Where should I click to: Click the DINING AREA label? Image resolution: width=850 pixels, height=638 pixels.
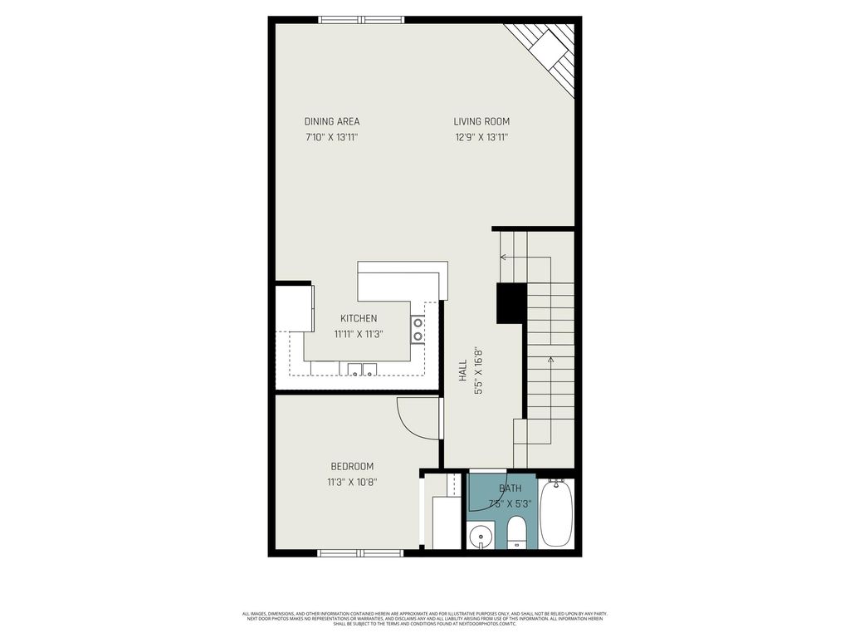(x=331, y=121)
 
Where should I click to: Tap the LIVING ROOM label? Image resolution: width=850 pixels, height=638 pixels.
(x=481, y=121)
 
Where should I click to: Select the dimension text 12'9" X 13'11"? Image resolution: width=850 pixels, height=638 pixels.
(x=481, y=138)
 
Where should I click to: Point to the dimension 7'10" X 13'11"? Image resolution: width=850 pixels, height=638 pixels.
(x=331, y=138)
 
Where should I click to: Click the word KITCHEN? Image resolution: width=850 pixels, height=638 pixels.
(x=359, y=318)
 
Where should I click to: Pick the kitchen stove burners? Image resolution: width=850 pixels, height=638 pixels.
(x=418, y=329)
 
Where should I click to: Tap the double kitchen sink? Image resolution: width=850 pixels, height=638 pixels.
(x=363, y=370)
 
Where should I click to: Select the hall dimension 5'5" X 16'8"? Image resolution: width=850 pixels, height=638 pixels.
(x=478, y=371)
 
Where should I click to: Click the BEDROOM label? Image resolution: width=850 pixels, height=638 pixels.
(x=352, y=466)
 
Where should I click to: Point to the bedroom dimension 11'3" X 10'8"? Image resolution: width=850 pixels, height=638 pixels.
(x=352, y=482)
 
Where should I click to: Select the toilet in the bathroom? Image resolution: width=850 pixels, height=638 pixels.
(x=516, y=532)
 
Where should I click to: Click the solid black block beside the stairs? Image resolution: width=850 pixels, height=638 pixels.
(x=511, y=303)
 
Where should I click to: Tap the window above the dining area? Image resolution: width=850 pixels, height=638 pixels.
(x=361, y=20)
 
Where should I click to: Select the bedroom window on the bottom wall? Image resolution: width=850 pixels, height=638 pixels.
(x=360, y=552)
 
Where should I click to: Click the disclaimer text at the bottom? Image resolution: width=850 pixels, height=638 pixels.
(x=424, y=619)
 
